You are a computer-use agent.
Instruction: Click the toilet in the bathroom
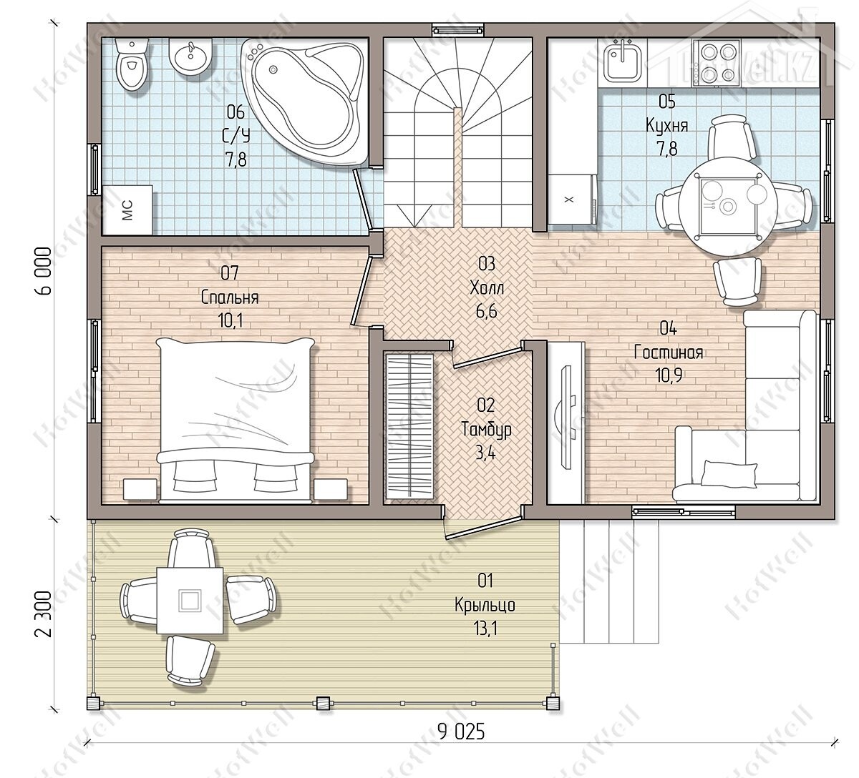coord(132,64)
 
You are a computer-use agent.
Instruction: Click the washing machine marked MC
coord(127,210)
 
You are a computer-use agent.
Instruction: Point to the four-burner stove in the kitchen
coord(716,62)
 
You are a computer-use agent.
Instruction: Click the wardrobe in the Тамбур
coord(409,426)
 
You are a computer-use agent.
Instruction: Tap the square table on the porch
coord(190,601)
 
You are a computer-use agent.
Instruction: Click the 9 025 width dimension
coord(461,732)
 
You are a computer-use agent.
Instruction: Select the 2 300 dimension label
coord(44,614)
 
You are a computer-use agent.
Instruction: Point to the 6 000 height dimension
coord(44,270)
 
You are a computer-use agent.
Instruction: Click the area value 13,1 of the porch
coord(485,629)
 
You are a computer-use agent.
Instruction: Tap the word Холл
coord(487,287)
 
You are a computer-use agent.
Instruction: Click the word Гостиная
coord(669,353)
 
